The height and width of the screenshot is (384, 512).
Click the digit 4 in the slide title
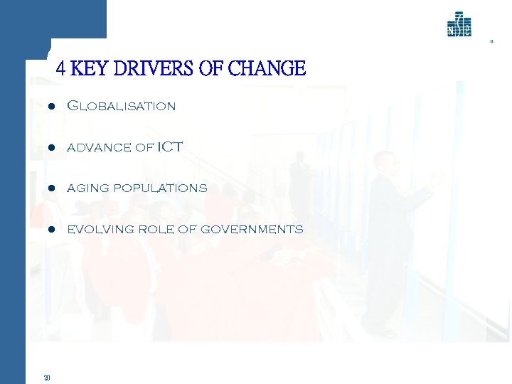[x=60, y=69]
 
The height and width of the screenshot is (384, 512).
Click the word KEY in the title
[x=88, y=69]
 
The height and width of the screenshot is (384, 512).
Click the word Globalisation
[x=121, y=106]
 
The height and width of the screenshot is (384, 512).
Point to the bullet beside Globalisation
[x=52, y=107]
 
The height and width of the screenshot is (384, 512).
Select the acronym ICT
[x=170, y=147]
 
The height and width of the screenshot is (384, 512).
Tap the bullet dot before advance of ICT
[x=52, y=148]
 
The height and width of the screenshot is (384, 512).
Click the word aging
[x=84, y=189]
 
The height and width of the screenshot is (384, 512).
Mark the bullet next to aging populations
[x=52, y=189]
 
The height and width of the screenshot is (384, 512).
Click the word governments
[x=252, y=230]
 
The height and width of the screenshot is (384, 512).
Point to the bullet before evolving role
[x=52, y=230]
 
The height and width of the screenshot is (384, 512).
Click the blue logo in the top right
[x=459, y=26]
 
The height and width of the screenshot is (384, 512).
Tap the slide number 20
[x=46, y=378]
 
